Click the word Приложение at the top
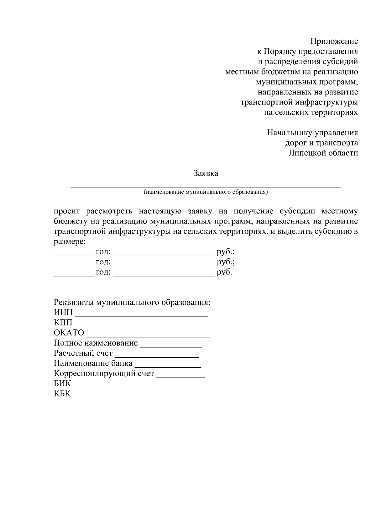click(x=334, y=41)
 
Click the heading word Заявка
click(x=206, y=173)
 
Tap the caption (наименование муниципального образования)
click(x=206, y=192)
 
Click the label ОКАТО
click(x=69, y=333)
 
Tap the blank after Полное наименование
click(x=171, y=346)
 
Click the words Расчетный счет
click(x=83, y=353)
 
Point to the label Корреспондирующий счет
click(x=104, y=374)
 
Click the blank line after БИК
click(x=139, y=386)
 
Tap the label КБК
click(x=62, y=394)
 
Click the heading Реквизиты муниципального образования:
click(x=132, y=303)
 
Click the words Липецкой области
click(x=323, y=153)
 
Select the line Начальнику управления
click(x=312, y=133)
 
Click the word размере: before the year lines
click(x=69, y=242)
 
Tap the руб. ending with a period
click(x=224, y=272)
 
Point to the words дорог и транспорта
click(x=321, y=143)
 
